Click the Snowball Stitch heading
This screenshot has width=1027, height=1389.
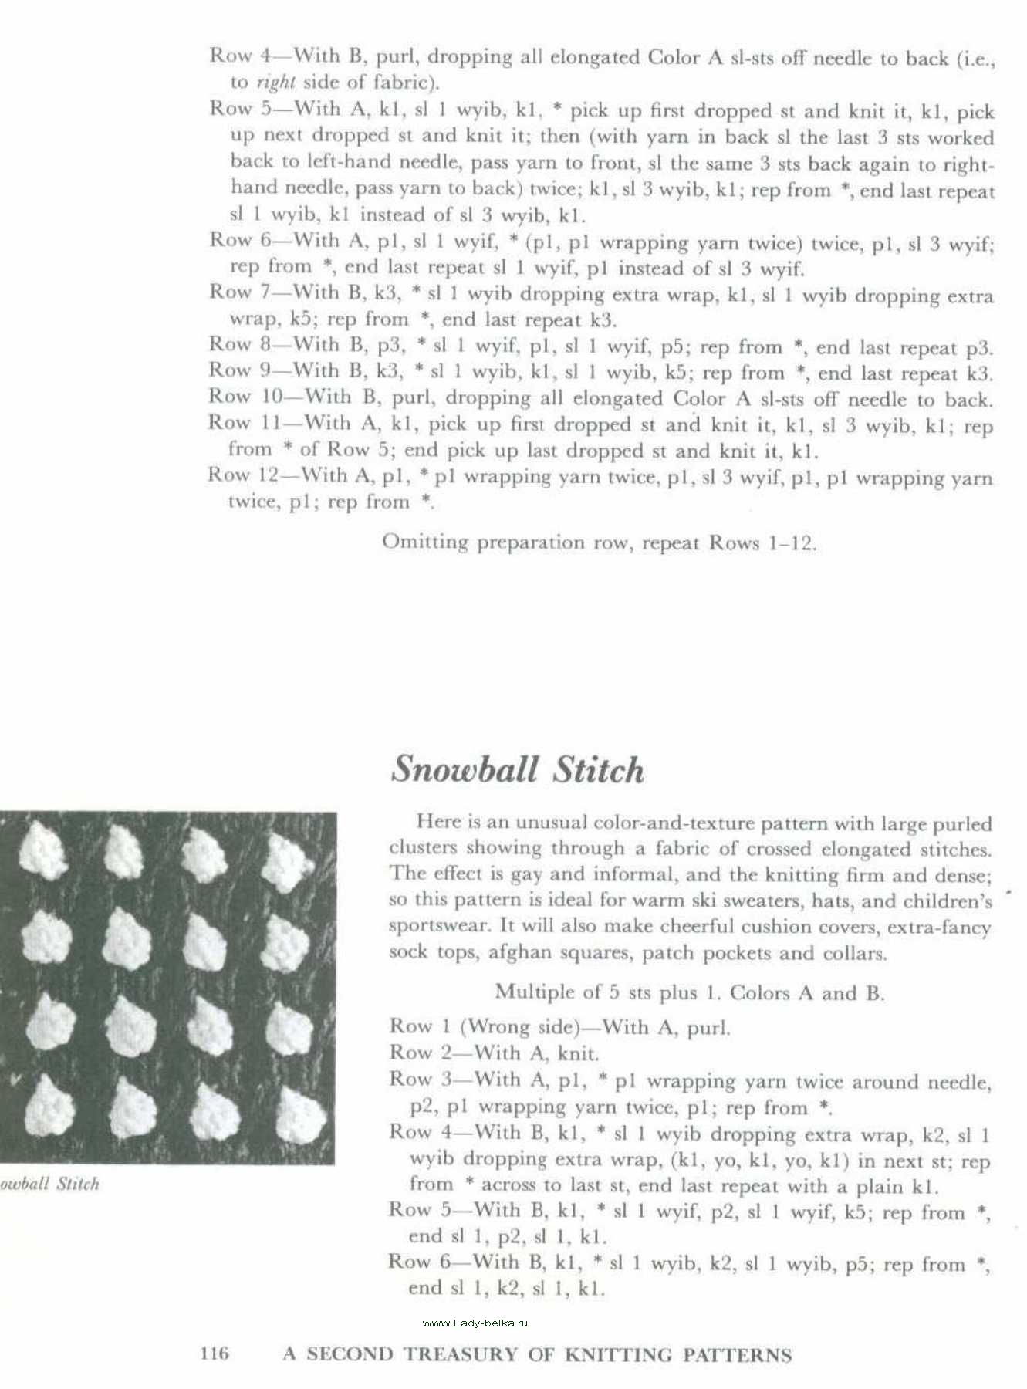[x=517, y=769]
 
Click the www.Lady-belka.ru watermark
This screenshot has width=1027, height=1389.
[x=475, y=1323]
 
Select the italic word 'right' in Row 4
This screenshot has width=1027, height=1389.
[x=275, y=82]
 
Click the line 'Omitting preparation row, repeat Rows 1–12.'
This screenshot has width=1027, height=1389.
[x=599, y=542]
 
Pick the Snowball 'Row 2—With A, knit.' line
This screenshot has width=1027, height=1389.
[x=494, y=1053]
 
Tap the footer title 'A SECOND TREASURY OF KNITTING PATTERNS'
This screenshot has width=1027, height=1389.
[x=537, y=1354]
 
